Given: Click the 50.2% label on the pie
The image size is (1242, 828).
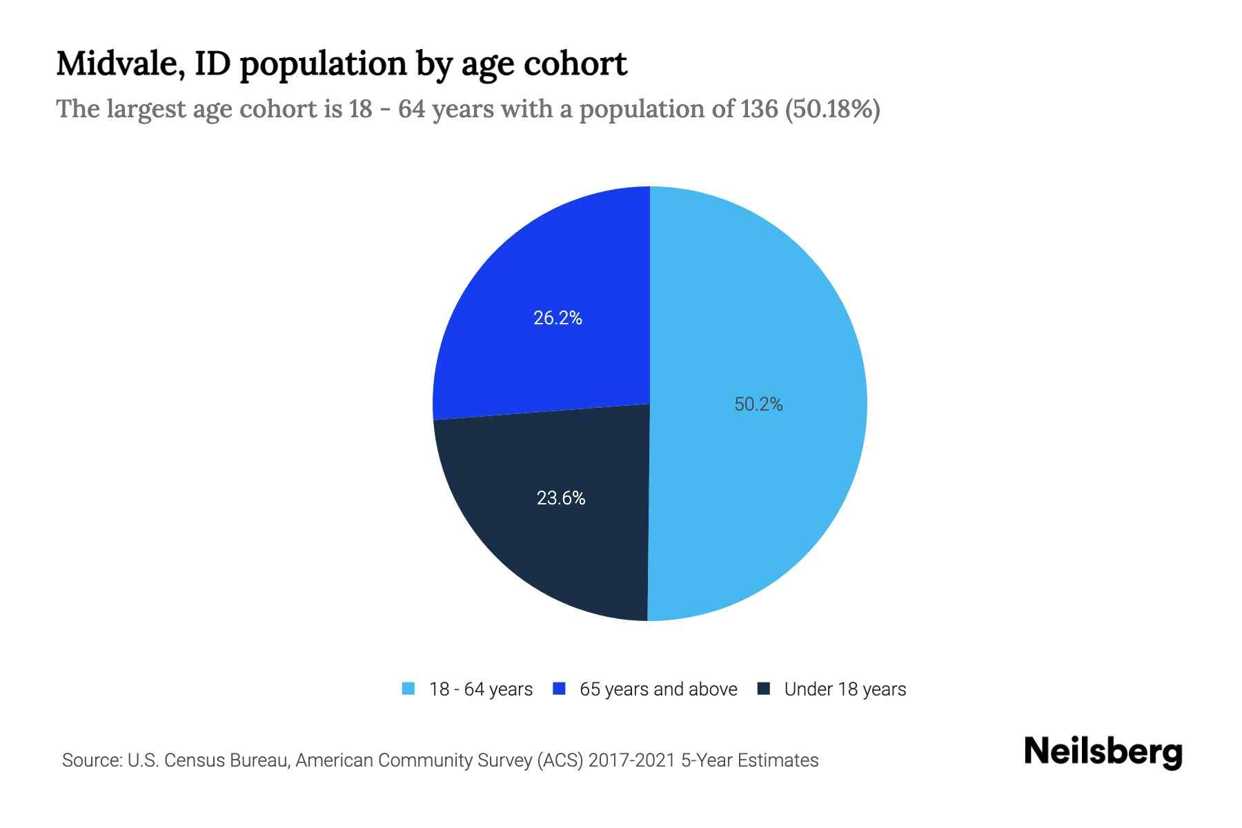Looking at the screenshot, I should (758, 404).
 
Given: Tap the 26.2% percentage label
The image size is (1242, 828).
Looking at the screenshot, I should (558, 318).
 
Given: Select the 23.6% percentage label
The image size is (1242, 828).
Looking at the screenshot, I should (561, 498).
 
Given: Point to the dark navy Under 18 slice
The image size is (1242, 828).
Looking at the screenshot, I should (552, 552).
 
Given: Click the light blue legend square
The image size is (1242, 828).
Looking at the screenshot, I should (408, 689).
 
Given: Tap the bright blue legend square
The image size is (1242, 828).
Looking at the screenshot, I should (560, 689).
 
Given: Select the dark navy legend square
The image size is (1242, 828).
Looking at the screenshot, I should (764, 689).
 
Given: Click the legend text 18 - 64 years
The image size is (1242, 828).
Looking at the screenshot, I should (481, 689).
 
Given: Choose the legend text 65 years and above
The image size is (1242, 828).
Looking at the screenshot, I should (658, 689).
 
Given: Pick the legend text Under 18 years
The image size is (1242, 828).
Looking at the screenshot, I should (845, 689).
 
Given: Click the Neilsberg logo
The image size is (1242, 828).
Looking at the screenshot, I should (1103, 752).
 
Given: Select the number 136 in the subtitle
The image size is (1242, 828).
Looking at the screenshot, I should (759, 109).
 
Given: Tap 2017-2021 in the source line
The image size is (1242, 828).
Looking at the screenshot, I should (632, 760).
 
